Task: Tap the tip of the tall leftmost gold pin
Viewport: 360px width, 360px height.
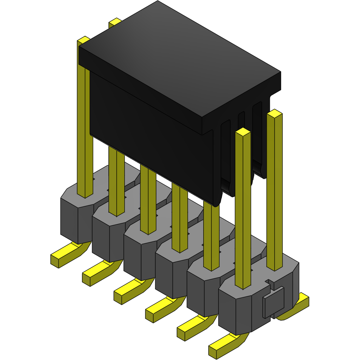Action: point(83,39)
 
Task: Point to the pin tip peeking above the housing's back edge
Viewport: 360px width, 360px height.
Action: point(115,22)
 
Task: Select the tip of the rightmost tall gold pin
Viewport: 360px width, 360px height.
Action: point(275,113)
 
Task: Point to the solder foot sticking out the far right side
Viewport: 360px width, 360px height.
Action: point(298,306)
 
